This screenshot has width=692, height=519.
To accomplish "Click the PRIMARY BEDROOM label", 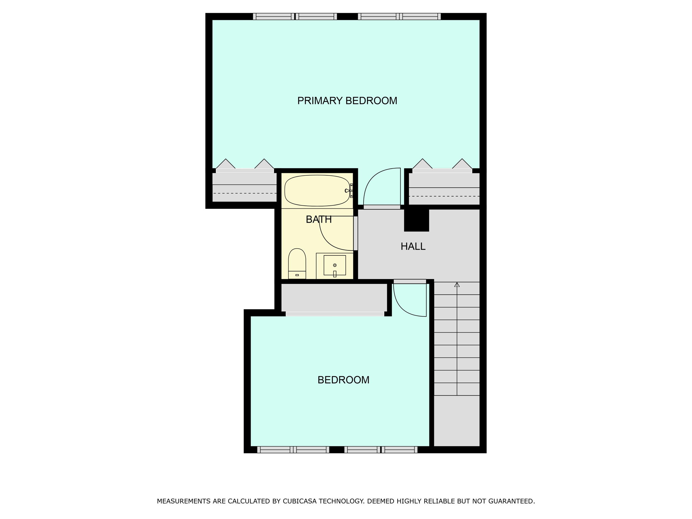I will pyautogui.click(x=347, y=101).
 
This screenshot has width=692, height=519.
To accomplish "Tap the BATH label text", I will pyautogui.click(x=319, y=220).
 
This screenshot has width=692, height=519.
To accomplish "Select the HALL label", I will pyautogui.click(x=413, y=247).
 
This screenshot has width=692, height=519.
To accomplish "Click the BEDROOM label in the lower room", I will pyautogui.click(x=343, y=380).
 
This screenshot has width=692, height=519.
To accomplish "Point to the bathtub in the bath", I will pyautogui.click(x=317, y=191).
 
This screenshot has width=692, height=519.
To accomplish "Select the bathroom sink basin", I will pyautogui.click(x=335, y=265).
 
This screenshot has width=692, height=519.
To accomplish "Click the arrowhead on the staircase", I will pyautogui.click(x=457, y=285).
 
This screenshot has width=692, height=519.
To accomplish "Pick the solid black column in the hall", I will pyautogui.click(x=417, y=220).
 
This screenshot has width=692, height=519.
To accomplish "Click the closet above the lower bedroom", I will pyautogui.click(x=334, y=297).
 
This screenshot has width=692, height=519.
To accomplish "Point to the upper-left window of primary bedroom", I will pyautogui.click(x=295, y=17).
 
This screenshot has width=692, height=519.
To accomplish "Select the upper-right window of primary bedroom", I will pyautogui.click(x=399, y=17).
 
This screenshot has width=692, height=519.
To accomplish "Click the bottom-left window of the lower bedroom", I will pyautogui.click(x=293, y=449).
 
